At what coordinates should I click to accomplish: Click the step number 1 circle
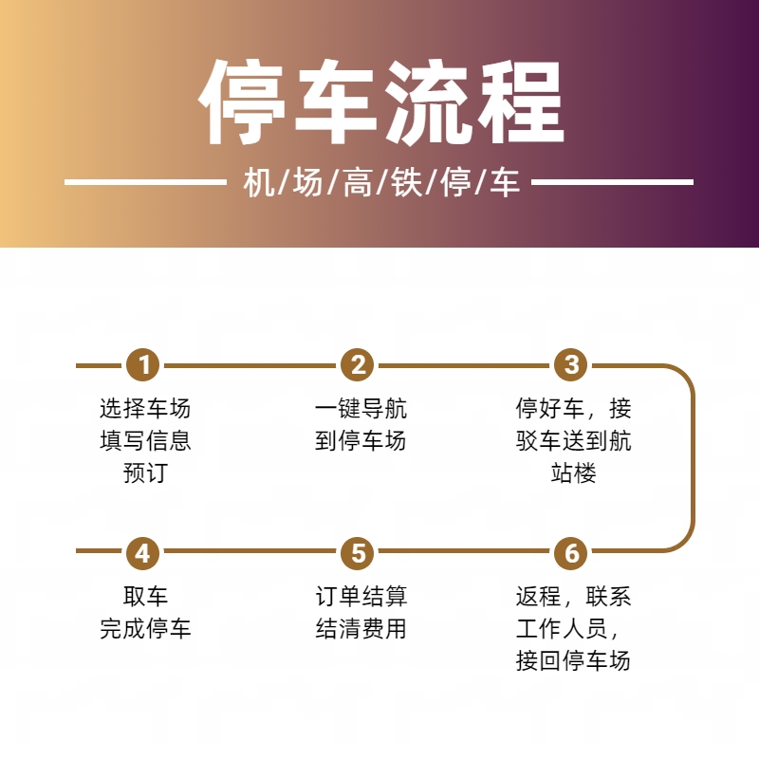pyautogui.click(x=143, y=365)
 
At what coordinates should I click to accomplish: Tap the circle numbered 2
pyautogui.click(x=358, y=365)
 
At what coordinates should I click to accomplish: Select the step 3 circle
pyautogui.click(x=571, y=365)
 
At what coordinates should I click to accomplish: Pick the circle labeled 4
pyautogui.click(x=143, y=553)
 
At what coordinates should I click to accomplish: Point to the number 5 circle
pyautogui.click(x=358, y=553)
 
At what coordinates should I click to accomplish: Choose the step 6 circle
pyautogui.click(x=571, y=553)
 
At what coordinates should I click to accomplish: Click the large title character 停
pyautogui.click(x=242, y=102)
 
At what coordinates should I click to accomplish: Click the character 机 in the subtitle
pyautogui.click(x=259, y=183)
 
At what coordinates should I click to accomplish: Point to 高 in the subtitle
pyautogui.click(x=358, y=183)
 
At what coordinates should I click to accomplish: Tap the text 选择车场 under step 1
pyautogui.click(x=145, y=408)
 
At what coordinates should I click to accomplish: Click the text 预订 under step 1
pyautogui.click(x=145, y=472)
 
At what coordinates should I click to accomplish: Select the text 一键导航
pyautogui.click(x=361, y=408)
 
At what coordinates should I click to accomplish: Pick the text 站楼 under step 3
pyautogui.click(x=573, y=472)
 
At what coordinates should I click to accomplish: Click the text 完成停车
pyautogui.click(x=145, y=628)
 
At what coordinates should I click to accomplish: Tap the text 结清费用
pyautogui.click(x=361, y=628)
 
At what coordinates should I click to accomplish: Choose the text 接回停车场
pyautogui.click(x=573, y=660)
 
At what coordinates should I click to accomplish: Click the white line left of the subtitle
pyautogui.click(x=145, y=182)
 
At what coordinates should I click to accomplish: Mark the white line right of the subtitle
pyautogui.click(x=612, y=182)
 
